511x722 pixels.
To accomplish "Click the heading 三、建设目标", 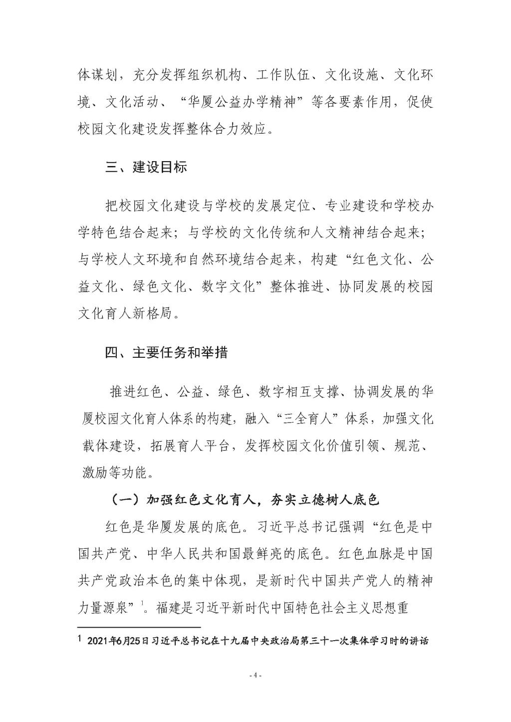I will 146,167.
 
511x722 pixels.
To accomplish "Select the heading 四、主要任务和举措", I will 166,353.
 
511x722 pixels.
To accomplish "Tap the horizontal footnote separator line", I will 139,627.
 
